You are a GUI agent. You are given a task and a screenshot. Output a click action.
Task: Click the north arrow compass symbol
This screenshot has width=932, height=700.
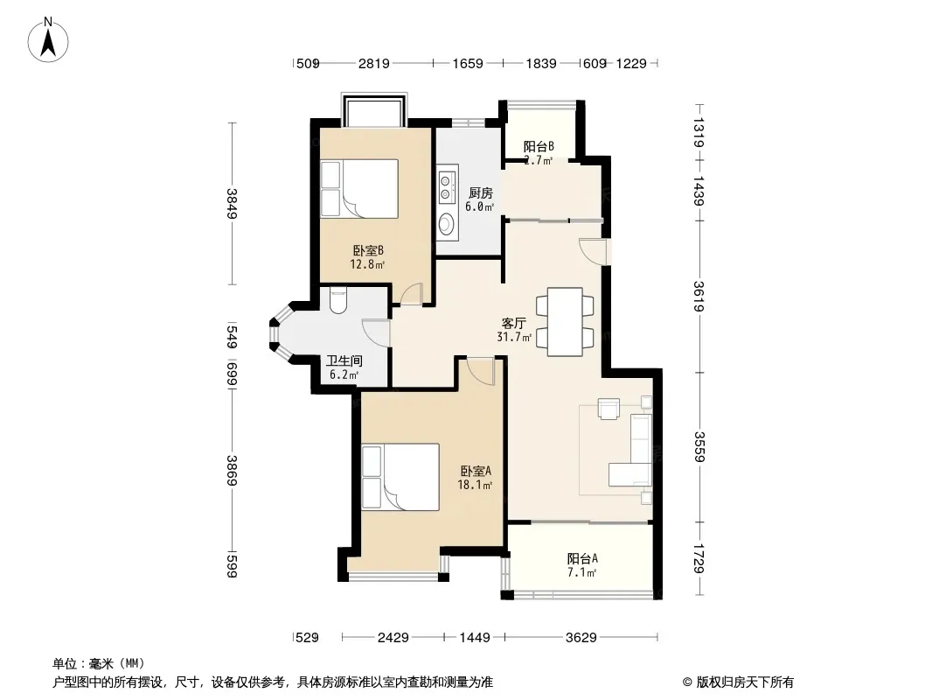click(48, 40)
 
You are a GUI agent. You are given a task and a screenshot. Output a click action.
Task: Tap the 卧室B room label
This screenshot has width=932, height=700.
click(368, 250)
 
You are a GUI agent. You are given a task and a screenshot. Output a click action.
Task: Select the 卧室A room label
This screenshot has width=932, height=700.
click(476, 471)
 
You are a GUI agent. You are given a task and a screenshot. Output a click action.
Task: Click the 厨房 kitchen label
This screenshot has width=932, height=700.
click(480, 192)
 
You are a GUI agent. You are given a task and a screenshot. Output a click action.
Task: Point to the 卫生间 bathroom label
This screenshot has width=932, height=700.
click(344, 361)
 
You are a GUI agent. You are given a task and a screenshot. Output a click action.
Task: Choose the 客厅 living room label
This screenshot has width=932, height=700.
click(513, 323)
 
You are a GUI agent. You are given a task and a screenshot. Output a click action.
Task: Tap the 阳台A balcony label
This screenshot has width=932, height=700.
click(582, 558)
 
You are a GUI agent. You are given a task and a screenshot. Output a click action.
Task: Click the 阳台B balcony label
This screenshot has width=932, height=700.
click(539, 146)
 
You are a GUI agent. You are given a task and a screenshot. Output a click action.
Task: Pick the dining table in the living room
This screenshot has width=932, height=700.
click(565, 322)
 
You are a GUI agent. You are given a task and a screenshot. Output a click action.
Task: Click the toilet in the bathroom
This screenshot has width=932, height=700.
click(337, 301)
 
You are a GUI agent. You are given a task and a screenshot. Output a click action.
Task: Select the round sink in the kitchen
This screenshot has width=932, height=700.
click(448, 224)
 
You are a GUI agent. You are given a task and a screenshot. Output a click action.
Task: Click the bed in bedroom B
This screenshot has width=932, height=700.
click(359, 188)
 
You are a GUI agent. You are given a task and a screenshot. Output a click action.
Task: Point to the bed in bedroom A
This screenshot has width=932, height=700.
click(400, 476)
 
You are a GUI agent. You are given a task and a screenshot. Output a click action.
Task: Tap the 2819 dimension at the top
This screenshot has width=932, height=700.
click(373, 64)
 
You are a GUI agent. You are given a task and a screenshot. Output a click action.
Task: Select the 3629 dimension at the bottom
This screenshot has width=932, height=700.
click(581, 638)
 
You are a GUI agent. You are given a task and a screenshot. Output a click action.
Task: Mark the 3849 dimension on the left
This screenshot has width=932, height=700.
click(232, 203)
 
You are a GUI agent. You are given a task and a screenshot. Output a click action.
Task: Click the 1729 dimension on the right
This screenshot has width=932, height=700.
click(699, 559)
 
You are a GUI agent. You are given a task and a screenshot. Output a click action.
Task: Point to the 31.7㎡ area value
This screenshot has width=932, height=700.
click(513, 337)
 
